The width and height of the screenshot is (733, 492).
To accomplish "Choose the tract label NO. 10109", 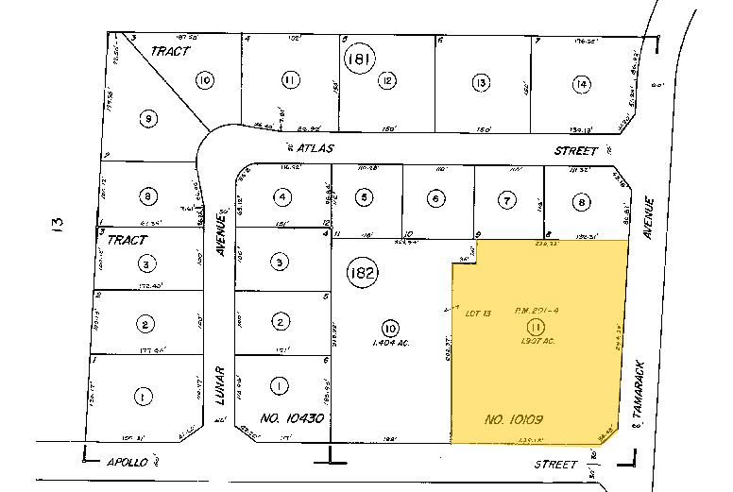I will [x=514, y=417].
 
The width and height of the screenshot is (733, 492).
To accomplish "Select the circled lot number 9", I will [x=147, y=118].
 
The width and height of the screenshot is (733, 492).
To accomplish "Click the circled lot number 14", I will [x=580, y=84].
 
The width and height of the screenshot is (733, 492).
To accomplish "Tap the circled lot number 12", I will [x=387, y=81].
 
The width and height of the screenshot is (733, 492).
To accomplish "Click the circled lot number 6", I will [x=435, y=199].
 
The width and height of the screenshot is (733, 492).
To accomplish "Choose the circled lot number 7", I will [x=507, y=200].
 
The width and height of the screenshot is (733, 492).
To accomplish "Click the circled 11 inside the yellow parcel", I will [x=535, y=328].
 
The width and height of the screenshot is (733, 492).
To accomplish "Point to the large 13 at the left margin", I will [x=59, y=226].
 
